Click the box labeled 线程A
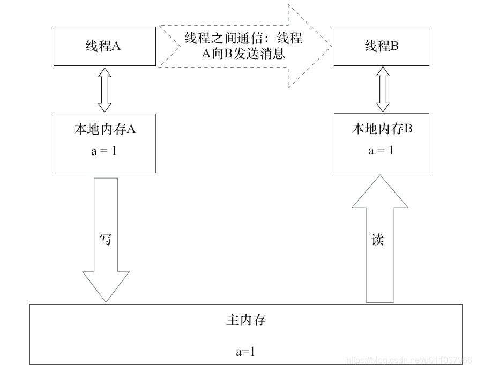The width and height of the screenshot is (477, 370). tap(105, 47)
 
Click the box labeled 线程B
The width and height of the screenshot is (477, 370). tap(382, 47)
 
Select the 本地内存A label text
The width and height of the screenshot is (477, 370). tap(105, 129)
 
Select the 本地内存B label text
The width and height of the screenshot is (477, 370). tap(382, 129)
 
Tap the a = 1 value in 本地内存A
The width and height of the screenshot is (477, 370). tap(105, 151)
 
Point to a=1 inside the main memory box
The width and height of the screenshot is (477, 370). tap(245, 351)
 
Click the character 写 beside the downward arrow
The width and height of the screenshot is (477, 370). tap(106, 239)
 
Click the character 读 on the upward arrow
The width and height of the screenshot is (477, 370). tap(377, 239)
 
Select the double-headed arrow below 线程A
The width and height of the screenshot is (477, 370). tap(105, 90)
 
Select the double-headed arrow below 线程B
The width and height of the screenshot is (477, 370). tap(382, 90)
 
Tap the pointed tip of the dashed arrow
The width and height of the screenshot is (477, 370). tap(329, 46)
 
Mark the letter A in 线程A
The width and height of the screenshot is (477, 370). tap(116, 46)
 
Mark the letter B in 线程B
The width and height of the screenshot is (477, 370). tap(394, 46)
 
